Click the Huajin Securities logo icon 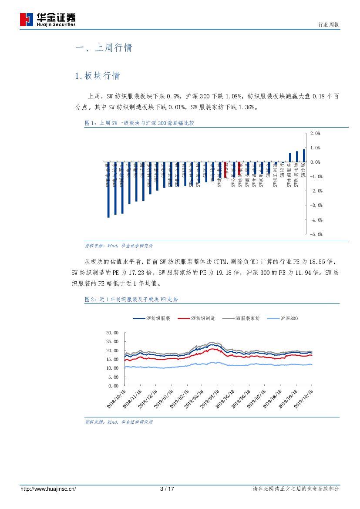coord(27,19)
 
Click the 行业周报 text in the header coord(329,26)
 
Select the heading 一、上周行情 coord(104,48)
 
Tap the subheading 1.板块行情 coord(97,76)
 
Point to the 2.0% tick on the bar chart coord(315,133)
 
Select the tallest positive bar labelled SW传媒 coord(304,156)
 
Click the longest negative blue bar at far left coord(108,189)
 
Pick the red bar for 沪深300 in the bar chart coord(225,169)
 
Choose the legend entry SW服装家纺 coord(242,319)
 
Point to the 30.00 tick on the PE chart coord(112,333)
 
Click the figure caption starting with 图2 coord(131,300)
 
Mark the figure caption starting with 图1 coord(139,124)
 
